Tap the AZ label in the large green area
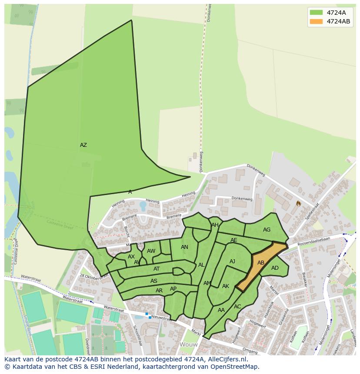(83, 145)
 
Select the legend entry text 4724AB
(338, 21)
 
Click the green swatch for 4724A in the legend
(316, 13)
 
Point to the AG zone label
(267, 230)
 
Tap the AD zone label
(275, 268)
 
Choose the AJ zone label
(232, 261)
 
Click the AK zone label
(225, 286)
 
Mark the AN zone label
(184, 247)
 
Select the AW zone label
(151, 251)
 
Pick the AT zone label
(157, 269)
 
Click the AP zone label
(173, 289)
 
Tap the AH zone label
(215, 225)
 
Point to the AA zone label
(221, 310)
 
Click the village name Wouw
(189, 344)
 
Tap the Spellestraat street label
(312, 211)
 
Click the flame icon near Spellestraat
(298, 203)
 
